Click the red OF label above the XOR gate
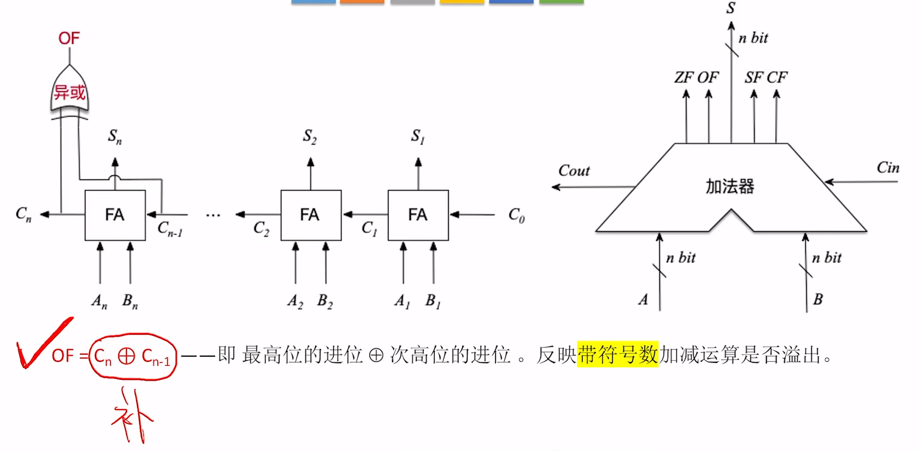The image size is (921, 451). coord(69,38)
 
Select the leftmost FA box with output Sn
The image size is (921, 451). coord(115,215)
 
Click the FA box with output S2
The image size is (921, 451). coord(310,215)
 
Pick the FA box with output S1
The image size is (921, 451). coord(418,215)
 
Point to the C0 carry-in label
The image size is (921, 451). coord(516,215)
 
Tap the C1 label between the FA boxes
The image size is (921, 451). coord(369,228)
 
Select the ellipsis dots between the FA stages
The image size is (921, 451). coord(213,215)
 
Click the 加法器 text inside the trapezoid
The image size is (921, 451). coord(730,187)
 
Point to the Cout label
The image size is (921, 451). coord(574,171)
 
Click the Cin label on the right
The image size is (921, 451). coord(888,168)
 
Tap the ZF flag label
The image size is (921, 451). coord(684,77)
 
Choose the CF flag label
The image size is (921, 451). coord(777,77)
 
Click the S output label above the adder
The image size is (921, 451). coord(731,8)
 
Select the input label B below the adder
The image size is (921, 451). coord(818,299)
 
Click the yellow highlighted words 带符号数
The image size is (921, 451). coord(617,354)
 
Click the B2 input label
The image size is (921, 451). coord(325,301)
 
